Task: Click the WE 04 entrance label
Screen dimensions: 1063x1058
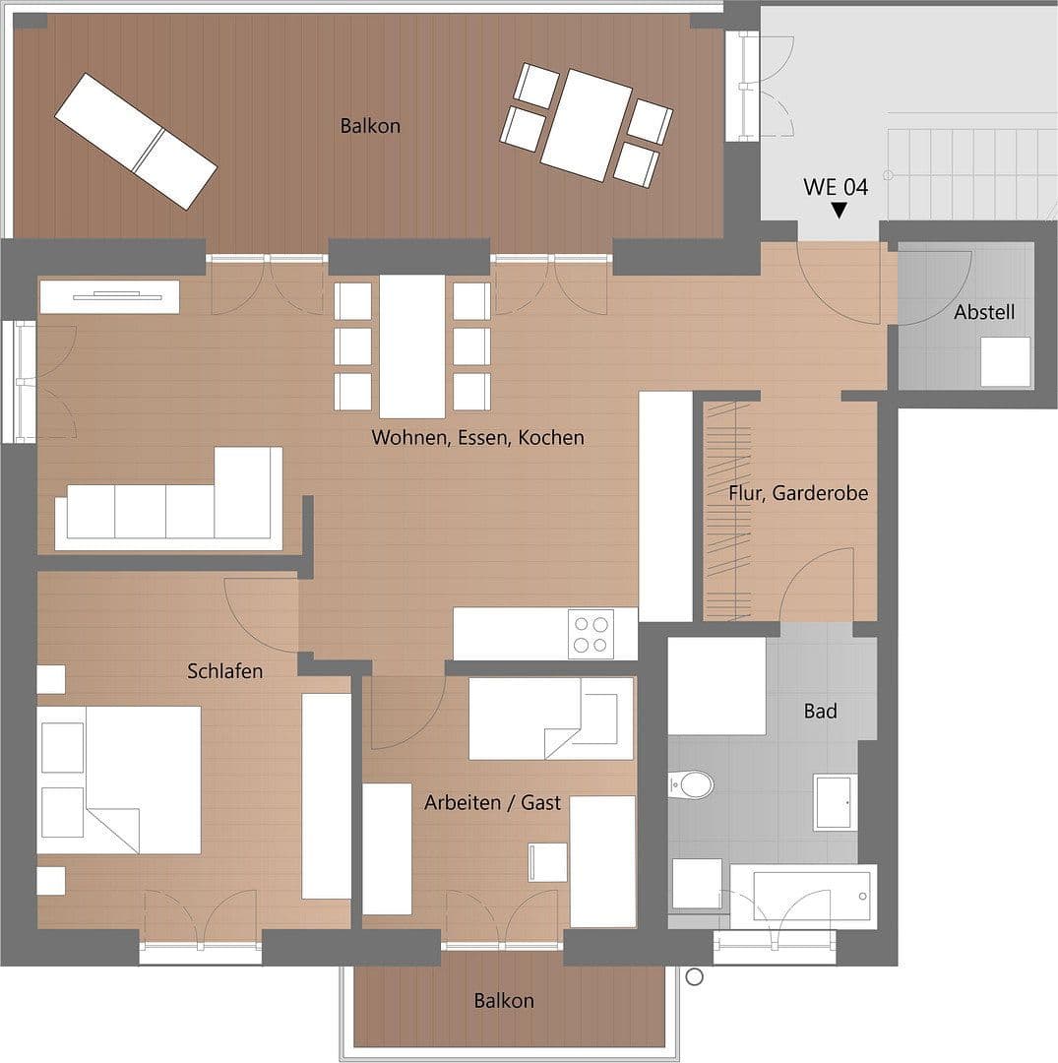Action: (x=836, y=187)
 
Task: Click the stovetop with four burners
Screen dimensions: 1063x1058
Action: (x=591, y=634)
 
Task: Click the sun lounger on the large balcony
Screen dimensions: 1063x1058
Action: (x=136, y=141)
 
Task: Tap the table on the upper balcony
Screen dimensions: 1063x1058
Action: (x=586, y=125)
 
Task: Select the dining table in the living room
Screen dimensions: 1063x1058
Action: (x=412, y=346)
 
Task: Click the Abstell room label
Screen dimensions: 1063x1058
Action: (x=984, y=313)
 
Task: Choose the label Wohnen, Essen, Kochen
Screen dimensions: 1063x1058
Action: (x=477, y=437)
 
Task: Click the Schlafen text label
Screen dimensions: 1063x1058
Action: (x=225, y=671)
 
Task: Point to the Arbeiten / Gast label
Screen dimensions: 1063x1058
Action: (x=492, y=803)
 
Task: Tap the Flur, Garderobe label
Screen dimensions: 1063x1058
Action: (x=798, y=493)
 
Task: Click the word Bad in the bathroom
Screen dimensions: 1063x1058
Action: (x=820, y=711)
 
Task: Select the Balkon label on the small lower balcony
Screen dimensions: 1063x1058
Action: (x=504, y=1001)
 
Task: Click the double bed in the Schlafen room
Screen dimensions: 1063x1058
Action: (x=120, y=780)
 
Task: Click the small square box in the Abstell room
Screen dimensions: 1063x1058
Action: (x=1005, y=362)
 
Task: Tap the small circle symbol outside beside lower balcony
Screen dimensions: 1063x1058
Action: (x=695, y=976)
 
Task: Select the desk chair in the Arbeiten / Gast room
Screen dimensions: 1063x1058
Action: (x=547, y=862)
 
